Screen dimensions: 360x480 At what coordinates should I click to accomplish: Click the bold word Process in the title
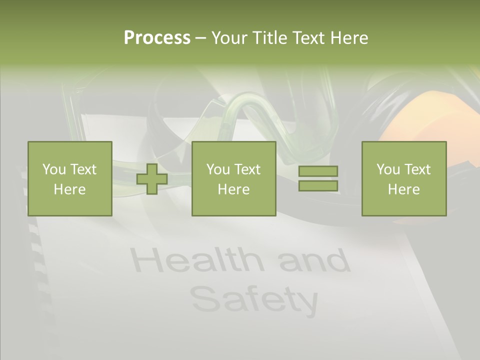point(157,38)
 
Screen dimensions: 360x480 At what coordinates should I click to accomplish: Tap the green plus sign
point(152,179)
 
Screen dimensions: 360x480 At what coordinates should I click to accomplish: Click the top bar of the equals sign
point(318,171)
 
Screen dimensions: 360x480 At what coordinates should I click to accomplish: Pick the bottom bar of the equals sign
point(318,185)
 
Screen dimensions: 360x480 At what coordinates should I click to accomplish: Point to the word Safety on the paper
point(254,299)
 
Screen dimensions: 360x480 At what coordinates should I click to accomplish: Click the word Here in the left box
point(69,189)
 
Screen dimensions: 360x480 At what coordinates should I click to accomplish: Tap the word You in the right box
point(388,169)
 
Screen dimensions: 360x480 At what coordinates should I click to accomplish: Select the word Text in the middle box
point(247,169)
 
